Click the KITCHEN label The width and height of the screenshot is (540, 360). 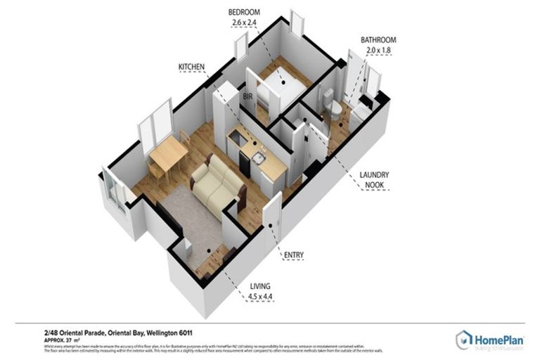(191, 67)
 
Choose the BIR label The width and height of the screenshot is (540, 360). (247, 94)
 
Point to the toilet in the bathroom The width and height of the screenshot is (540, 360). (335, 109)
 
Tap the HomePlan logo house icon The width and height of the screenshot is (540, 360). (464, 340)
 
